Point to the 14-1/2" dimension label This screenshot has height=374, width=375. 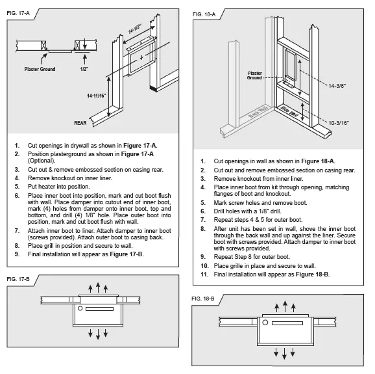[134, 29]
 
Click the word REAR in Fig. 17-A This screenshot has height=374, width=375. [80, 122]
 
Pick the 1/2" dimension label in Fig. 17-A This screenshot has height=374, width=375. [84, 68]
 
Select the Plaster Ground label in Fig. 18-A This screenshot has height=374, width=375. [254, 75]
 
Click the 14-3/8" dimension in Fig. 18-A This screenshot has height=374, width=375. [340, 85]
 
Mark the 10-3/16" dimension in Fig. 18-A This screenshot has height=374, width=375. [341, 122]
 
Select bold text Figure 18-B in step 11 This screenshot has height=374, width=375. [311, 274]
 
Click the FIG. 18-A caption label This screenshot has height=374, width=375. [206, 13]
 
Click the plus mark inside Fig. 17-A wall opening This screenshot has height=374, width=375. [141, 57]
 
